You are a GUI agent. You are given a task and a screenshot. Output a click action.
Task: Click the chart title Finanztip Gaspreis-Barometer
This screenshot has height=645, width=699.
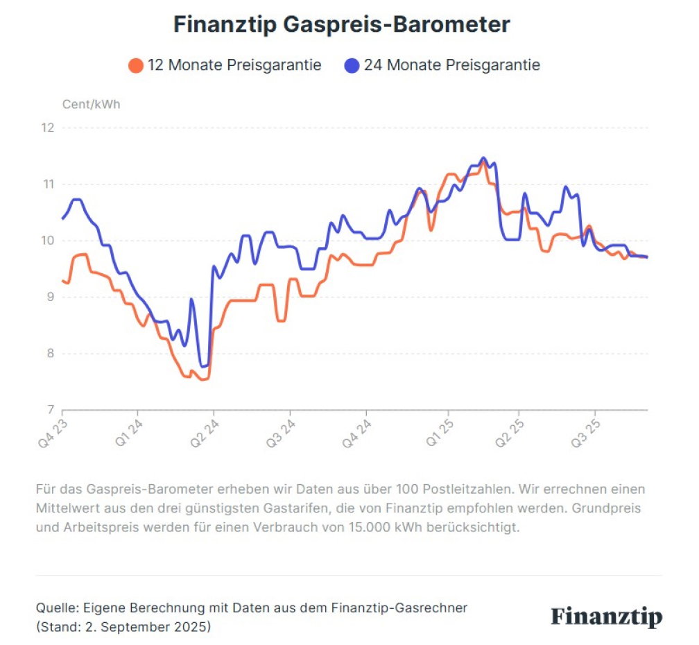coord(341,24)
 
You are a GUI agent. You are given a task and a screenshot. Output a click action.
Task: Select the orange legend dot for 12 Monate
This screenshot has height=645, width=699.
coord(135,65)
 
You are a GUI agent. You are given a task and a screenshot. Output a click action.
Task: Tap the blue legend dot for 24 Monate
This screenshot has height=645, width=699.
coord(352,65)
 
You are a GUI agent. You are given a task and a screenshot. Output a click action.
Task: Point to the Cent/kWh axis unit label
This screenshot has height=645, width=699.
coord(91,104)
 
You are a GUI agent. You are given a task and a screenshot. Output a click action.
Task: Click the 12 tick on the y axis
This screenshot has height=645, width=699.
coord(48,128)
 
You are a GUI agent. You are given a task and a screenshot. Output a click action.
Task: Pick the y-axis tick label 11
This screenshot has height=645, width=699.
coord(48,184)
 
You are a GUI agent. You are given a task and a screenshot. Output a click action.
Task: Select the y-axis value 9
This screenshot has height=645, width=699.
coord(51,297)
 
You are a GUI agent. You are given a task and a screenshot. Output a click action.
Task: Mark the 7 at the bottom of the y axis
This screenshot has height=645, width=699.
coord(51,409)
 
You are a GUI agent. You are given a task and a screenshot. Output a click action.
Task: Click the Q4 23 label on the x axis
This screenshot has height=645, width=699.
coord(53,433)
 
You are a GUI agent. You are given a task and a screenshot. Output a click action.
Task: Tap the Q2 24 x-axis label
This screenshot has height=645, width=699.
coord(205,433)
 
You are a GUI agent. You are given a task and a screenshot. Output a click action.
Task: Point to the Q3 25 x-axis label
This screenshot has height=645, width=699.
coord(586,433)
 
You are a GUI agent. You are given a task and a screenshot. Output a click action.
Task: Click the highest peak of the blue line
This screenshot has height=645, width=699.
coord(483,158)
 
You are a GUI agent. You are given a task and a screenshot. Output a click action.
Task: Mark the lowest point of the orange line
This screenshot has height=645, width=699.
coord(202,380)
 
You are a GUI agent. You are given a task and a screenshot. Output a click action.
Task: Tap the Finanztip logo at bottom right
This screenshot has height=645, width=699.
coord(607,617)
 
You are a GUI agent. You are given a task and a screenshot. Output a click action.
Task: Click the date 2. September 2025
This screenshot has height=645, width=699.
coord(147,627)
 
